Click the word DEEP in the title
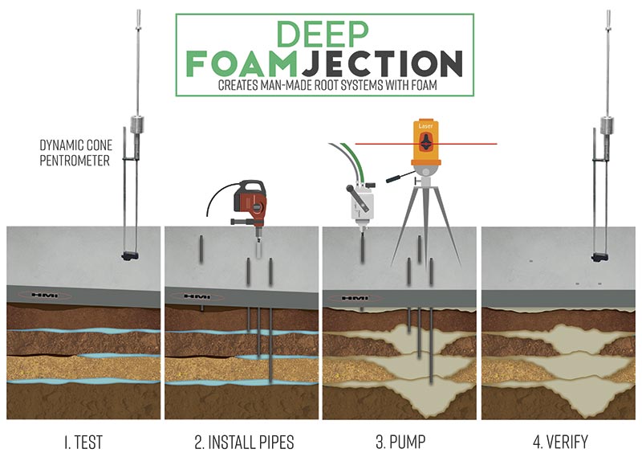[x=323, y=34]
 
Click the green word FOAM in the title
[x=242, y=63]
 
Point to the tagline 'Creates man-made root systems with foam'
[x=327, y=85]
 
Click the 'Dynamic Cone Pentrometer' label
[x=75, y=153]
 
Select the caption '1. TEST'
[x=83, y=442]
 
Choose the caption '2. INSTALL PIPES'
[x=244, y=442]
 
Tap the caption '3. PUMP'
[x=400, y=442]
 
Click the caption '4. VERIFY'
[x=560, y=442]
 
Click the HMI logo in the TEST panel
[x=45, y=295]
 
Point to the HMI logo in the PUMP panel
[x=355, y=298]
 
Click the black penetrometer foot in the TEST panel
[x=130, y=256]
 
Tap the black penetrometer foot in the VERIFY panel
[x=599, y=257]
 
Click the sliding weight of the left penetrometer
[x=136, y=124]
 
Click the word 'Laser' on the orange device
[x=426, y=126]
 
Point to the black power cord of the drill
[x=216, y=194]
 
